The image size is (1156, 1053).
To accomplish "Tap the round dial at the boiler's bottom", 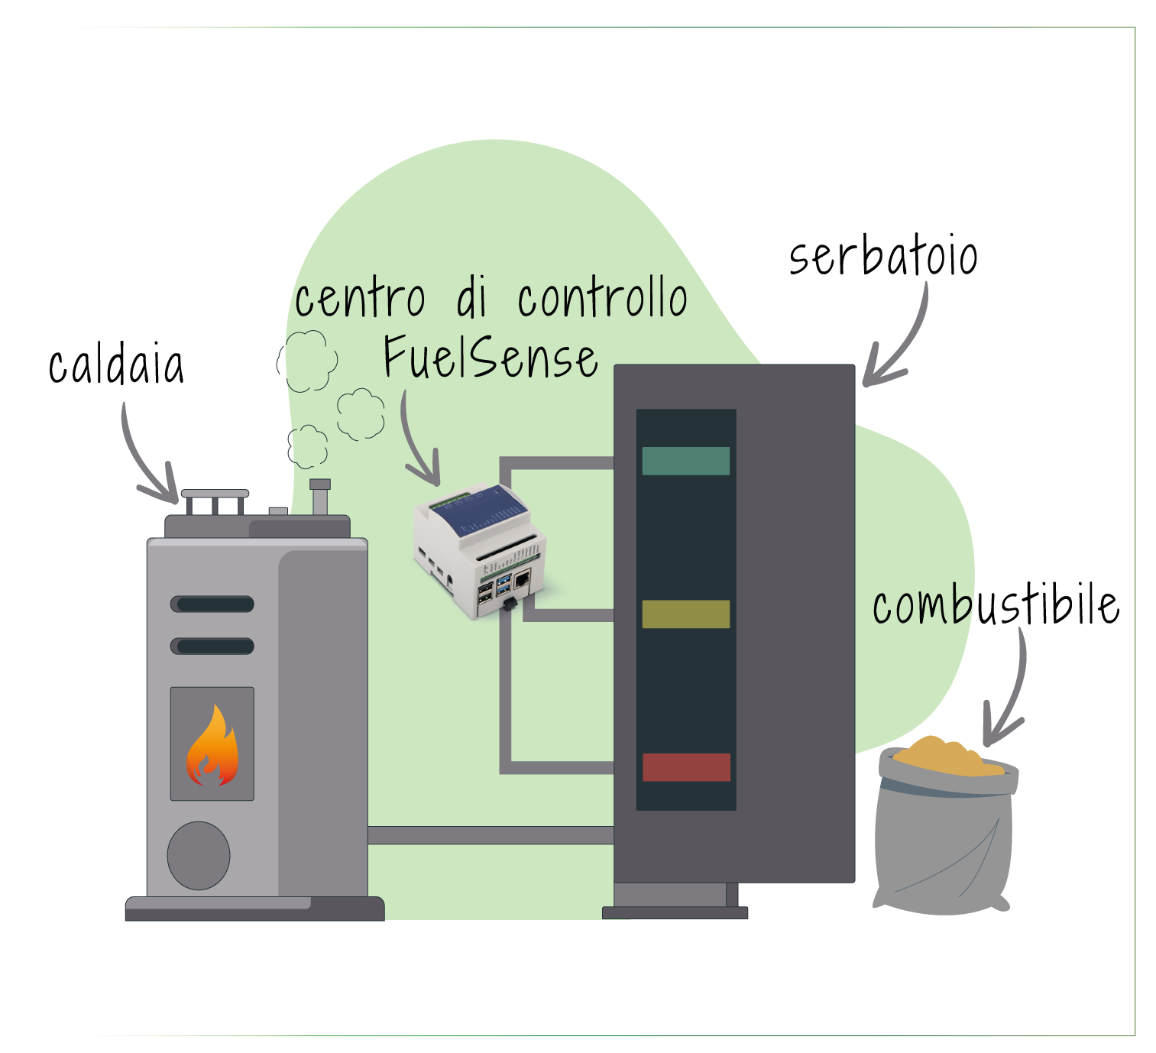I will click(199, 855).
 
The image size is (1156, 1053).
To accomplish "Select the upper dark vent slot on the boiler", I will click(212, 604).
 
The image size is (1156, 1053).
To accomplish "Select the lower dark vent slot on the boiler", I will click(212, 646).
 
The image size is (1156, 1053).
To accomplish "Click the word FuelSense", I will click(490, 357).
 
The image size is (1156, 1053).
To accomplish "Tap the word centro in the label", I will click(359, 299).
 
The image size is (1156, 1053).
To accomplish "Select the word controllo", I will click(602, 299).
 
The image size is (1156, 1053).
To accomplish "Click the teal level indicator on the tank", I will click(685, 461).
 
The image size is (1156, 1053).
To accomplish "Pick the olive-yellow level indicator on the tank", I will click(685, 614).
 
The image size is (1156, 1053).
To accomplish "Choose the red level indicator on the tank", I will click(686, 766).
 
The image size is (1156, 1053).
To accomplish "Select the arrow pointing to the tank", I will click(902, 344).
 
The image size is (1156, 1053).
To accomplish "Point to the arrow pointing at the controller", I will click(416, 443).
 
